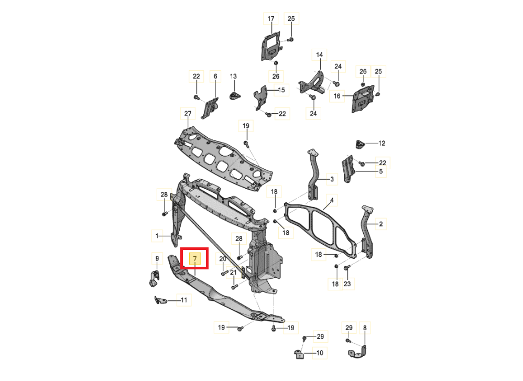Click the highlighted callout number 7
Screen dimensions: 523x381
click(195, 258)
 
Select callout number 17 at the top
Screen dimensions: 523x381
click(270, 19)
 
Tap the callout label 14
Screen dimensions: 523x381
click(319, 55)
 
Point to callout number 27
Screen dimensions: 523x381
click(188, 113)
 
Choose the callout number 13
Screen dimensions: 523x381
click(233, 77)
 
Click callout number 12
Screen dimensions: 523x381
click(382, 144)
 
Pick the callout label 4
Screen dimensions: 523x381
click(332, 201)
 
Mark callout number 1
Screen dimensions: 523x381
click(157, 236)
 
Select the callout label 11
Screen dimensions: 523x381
click(184, 300)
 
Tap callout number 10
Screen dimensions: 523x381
click(320, 353)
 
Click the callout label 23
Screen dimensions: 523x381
click(347, 284)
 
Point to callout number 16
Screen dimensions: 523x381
click(337, 96)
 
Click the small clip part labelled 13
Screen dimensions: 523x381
click(235, 95)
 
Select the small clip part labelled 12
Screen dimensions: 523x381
click(360, 145)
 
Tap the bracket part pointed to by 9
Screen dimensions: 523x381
click(154, 278)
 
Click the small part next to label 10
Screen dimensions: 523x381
click(299, 354)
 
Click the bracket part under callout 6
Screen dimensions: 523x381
click(210, 108)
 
